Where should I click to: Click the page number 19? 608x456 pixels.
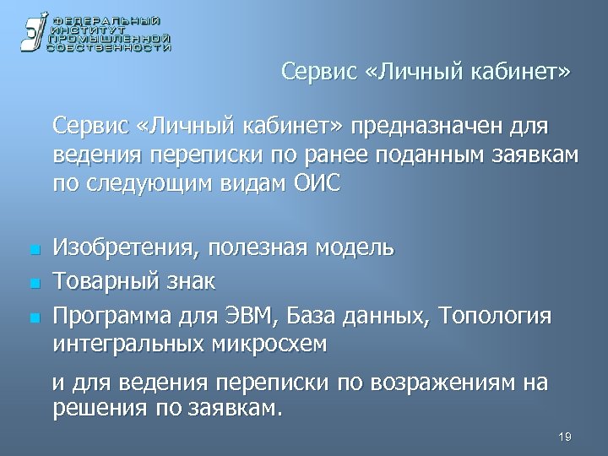(x=565, y=436)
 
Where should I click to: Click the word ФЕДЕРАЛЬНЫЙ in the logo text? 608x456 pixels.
(x=105, y=19)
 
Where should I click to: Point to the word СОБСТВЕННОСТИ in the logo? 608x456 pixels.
(x=110, y=48)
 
